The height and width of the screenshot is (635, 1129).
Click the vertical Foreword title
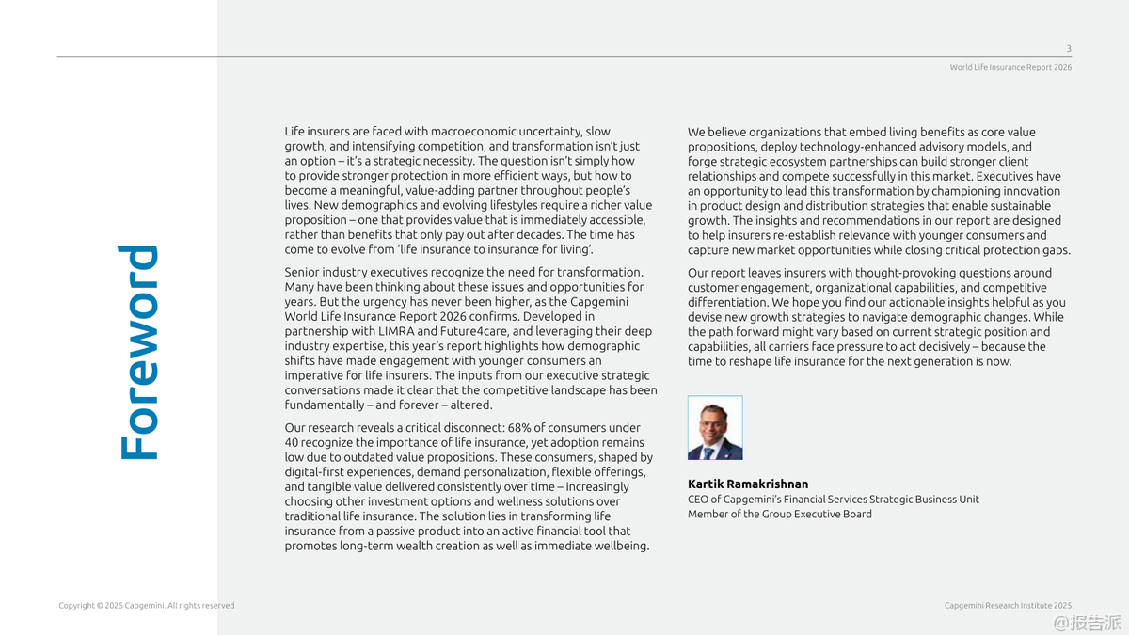[x=138, y=353]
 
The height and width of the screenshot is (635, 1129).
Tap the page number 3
[x=1068, y=49]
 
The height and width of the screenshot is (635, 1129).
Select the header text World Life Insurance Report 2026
[x=1010, y=68]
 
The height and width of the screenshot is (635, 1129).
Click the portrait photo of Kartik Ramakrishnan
[x=715, y=428]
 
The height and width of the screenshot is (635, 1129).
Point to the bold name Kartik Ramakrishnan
[x=748, y=484]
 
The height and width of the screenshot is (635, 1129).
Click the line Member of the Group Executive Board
[x=779, y=515]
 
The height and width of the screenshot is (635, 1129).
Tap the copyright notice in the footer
[x=146, y=606]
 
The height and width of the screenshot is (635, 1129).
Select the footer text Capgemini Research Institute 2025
[x=1008, y=606]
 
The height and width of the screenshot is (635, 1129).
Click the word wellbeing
[x=620, y=547]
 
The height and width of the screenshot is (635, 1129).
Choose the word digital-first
[x=317, y=472]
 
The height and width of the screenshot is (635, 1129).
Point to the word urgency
[x=380, y=302]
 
